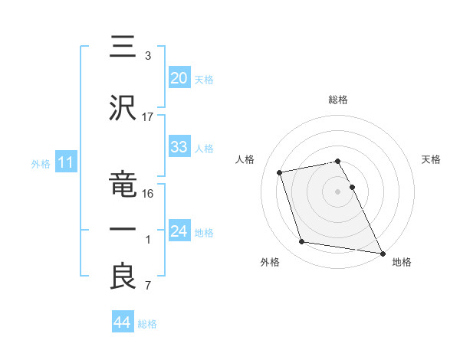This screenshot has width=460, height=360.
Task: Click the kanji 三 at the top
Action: (x=123, y=48)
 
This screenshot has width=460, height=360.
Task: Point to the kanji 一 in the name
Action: (x=123, y=229)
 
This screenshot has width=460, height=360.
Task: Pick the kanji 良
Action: (x=123, y=276)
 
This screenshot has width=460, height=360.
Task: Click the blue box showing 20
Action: (x=179, y=77)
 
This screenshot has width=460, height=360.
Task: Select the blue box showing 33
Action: (x=179, y=147)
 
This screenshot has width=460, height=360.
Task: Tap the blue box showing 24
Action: (x=179, y=231)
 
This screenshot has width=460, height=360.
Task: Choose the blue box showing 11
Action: (x=65, y=162)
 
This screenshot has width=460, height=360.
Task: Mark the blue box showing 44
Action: (x=122, y=323)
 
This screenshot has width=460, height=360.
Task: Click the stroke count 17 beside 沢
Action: (x=148, y=116)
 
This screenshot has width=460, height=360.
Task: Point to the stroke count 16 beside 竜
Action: (x=148, y=194)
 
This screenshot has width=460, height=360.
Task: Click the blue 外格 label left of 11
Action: (x=41, y=163)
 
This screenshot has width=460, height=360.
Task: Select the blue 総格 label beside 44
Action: (x=147, y=324)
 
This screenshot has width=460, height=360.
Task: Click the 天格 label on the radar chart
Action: (x=431, y=159)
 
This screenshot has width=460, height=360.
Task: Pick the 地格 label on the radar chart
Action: (x=402, y=263)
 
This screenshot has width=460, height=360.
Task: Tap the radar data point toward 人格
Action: (x=280, y=172)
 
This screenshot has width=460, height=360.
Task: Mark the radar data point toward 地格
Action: (x=383, y=253)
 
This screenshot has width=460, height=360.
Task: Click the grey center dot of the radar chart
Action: (x=337, y=191)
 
